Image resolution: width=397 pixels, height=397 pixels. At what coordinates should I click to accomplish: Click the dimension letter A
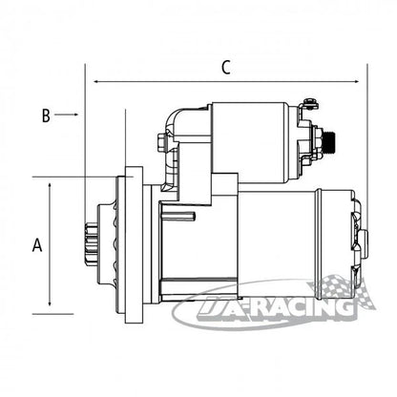(37, 245)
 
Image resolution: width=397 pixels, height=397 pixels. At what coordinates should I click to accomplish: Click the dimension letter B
(46, 115)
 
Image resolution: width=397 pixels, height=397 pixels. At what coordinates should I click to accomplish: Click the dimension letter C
(226, 68)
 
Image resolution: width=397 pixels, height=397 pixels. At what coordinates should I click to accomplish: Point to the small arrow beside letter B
(67, 115)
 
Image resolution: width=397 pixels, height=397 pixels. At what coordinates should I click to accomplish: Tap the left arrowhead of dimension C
(95, 82)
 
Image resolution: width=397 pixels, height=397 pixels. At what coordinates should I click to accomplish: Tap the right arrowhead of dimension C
(356, 82)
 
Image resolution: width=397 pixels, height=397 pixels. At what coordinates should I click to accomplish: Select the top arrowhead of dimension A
(50, 185)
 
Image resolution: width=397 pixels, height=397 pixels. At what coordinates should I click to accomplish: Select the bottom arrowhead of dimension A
(50, 303)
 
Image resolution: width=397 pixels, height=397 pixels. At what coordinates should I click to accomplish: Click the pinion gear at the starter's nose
(91, 244)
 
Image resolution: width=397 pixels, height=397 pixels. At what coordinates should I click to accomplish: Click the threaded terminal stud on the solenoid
(330, 142)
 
